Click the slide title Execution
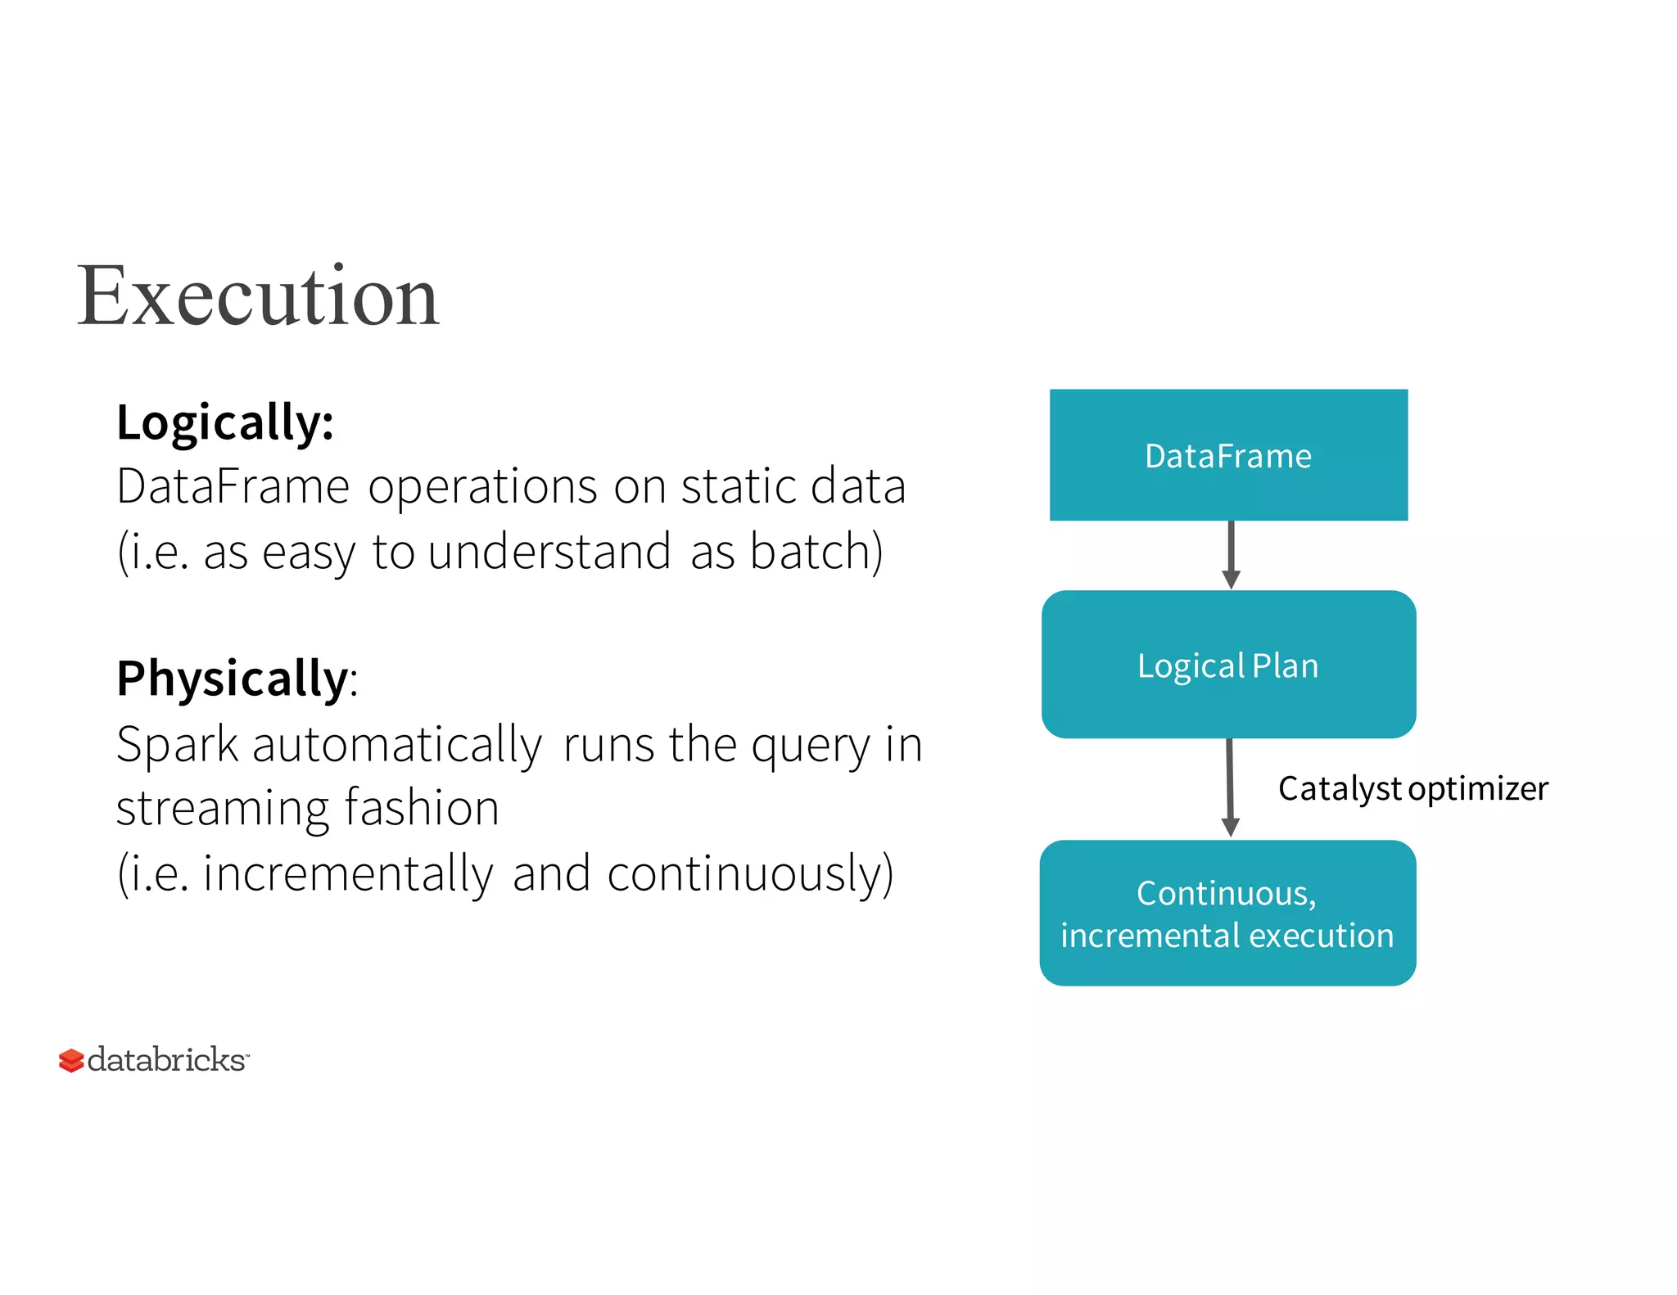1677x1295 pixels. [258, 296]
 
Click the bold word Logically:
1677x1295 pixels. [225, 422]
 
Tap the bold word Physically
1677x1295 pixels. [233, 679]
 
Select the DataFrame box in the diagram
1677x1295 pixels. [1228, 455]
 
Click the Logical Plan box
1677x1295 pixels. [1228, 665]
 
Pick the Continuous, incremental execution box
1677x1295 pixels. [1227, 914]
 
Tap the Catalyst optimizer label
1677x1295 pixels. [1413, 788]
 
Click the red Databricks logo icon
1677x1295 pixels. [71, 1060]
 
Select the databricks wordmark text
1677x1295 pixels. [166, 1060]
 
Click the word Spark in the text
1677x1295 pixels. [177, 745]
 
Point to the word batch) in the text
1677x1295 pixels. [816, 552]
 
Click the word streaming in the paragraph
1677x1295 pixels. [221, 809]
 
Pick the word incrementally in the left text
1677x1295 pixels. [348, 874]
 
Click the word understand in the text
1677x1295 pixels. [549, 552]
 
